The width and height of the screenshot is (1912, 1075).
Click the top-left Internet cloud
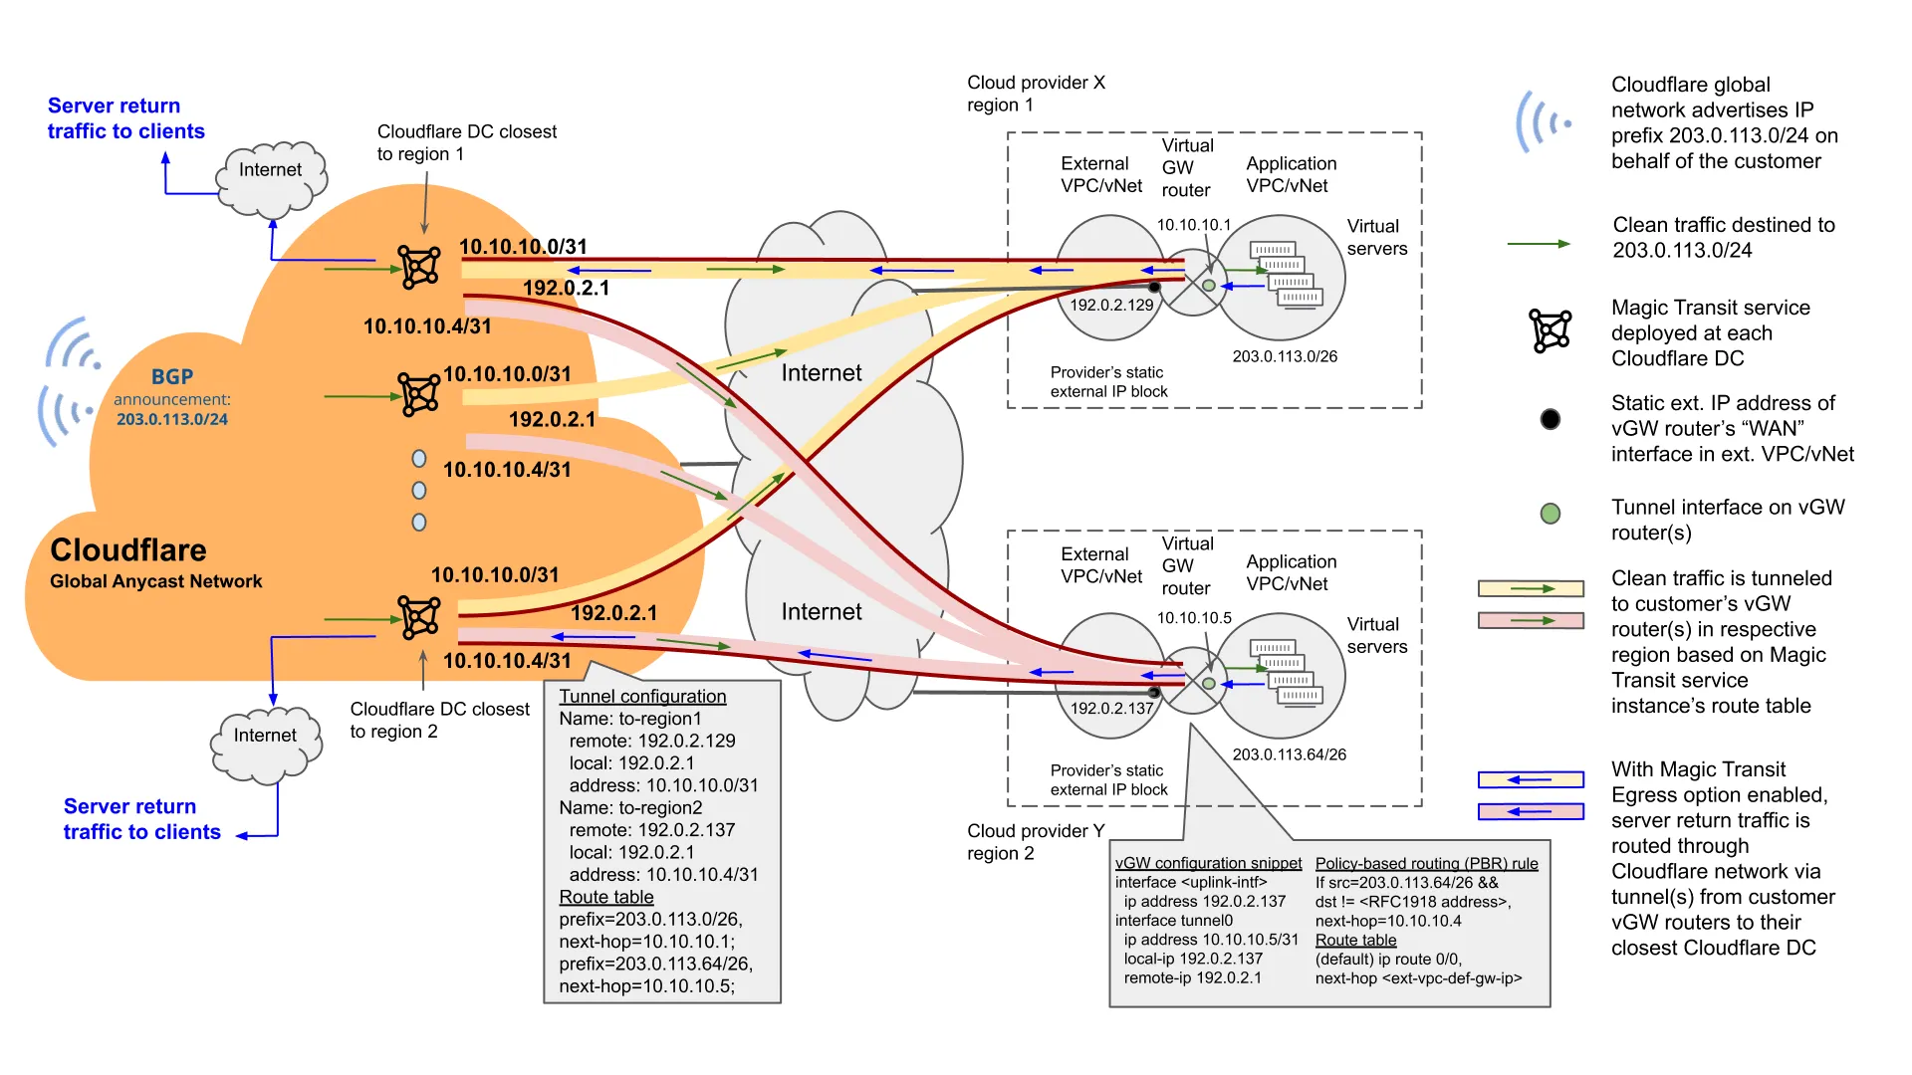(x=271, y=178)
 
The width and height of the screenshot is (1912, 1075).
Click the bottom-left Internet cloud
(x=266, y=743)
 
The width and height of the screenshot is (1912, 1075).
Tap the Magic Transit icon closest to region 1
(x=419, y=267)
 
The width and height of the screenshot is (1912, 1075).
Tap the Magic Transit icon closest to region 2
(x=419, y=617)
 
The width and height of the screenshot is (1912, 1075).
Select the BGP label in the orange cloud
(x=172, y=377)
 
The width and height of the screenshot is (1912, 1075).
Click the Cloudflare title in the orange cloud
(x=128, y=549)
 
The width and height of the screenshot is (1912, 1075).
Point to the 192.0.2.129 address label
(x=1111, y=305)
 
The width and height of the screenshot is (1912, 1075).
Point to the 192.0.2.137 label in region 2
(x=1111, y=708)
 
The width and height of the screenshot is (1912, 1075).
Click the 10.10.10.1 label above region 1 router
(x=1193, y=225)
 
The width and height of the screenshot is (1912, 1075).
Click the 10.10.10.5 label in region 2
(x=1193, y=618)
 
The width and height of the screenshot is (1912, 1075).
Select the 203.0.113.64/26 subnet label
(x=1289, y=754)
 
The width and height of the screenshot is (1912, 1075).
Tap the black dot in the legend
(x=1550, y=419)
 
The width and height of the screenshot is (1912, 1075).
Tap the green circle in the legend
(x=1550, y=514)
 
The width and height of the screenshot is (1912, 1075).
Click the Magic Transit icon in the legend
(x=1550, y=330)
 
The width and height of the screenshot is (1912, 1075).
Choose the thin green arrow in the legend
(x=1538, y=244)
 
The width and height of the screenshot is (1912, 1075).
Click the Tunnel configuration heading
(x=642, y=697)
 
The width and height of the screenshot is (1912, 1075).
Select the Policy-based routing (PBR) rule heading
(x=1426, y=863)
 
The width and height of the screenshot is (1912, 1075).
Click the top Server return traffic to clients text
(x=125, y=118)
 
